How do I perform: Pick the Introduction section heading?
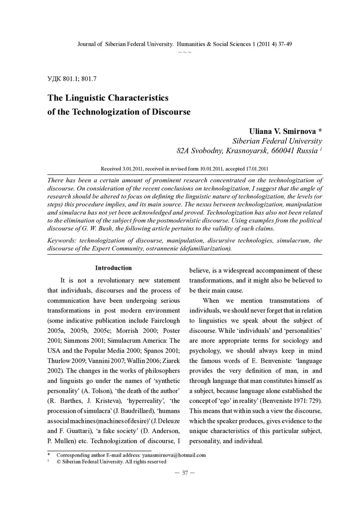[113, 268]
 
